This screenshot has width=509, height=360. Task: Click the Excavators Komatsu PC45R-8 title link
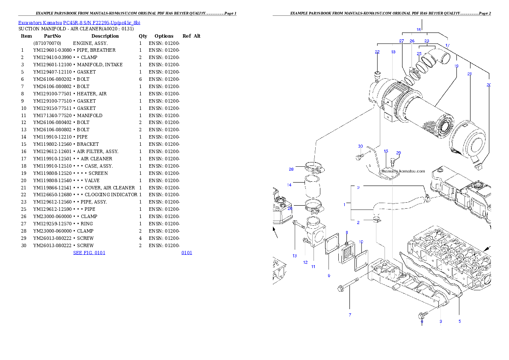(79, 23)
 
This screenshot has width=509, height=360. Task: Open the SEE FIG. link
(89, 253)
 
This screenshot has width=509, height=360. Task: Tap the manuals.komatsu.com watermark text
(403, 171)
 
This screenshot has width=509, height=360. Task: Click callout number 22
(377, 52)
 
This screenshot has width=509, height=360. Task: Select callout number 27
(402, 41)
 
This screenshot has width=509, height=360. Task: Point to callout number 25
(419, 54)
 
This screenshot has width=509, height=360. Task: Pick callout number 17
(447, 45)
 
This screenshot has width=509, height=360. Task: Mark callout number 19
(456, 66)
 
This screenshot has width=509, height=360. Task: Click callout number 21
(470, 74)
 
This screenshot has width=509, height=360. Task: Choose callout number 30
(361, 146)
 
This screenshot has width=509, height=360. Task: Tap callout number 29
(399, 153)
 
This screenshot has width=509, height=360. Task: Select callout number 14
(290, 185)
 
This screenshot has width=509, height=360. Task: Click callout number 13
(295, 256)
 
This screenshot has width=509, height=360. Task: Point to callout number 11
(313, 266)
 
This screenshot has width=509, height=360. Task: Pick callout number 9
(329, 276)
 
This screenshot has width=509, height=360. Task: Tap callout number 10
(361, 242)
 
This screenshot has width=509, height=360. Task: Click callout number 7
(350, 315)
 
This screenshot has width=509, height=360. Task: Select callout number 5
(460, 321)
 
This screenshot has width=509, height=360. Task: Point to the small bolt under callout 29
(394, 162)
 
